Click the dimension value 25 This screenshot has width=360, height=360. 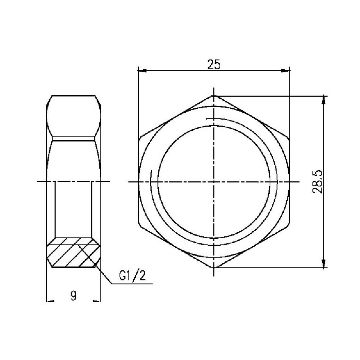[x=213, y=64]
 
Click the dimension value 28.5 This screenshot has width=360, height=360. [x=318, y=182]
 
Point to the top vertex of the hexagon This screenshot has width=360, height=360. [x=214, y=95]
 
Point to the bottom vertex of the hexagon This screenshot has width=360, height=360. [x=214, y=268]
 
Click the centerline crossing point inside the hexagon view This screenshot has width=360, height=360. [x=214, y=181]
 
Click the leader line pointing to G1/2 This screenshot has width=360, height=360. [x=104, y=276]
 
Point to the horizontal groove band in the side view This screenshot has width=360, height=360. [x=73, y=138]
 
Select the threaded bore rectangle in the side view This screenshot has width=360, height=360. [x=73, y=209]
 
